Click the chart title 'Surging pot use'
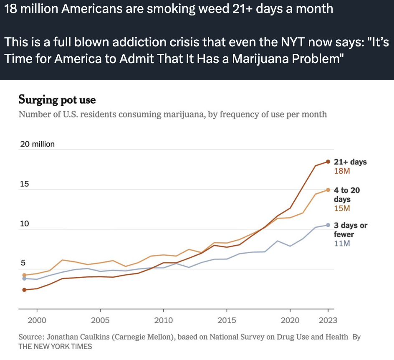coord(57,100)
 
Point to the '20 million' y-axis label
coord(37,144)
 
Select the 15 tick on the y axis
coord(25,184)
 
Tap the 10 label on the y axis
coord(25,224)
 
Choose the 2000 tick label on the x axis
coord(37,320)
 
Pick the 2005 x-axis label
coord(100,320)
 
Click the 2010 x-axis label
coord(163,320)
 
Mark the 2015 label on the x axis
coord(226,320)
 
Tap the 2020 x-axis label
coord(290,320)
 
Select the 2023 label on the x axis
coord(328,320)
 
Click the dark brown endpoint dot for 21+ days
coord(328,161)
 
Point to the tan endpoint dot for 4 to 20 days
coord(328,190)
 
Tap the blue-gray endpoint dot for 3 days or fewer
coord(328,225)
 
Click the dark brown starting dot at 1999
coord(24,289)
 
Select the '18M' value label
coord(342,171)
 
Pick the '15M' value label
coord(342,208)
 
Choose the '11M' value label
coord(342,243)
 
